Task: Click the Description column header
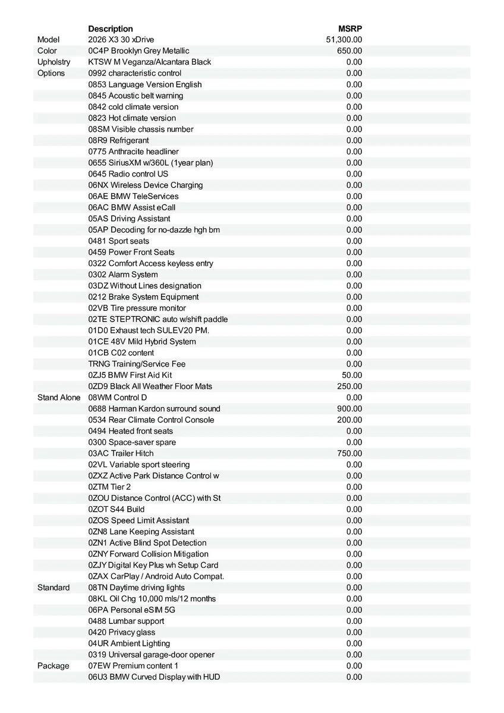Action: tap(111, 29)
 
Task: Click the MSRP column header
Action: tap(350, 29)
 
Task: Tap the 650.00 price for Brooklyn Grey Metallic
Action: tap(349, 51)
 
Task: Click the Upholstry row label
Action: tap(53, 62)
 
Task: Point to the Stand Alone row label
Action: tap(59, 397)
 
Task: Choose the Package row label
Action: tap(53, 666)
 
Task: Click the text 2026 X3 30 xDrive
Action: tap(121, 40)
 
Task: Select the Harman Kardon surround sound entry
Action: tap(154, 409)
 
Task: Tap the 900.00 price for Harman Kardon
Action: tap(349, 409)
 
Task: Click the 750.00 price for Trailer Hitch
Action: tap(349, 453)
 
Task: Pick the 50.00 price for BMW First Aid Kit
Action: tap(351, 375)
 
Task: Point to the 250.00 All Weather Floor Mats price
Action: tap(349, 386)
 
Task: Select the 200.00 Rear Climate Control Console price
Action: tap(349, 419)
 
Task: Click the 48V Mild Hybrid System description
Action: tap(142, 342)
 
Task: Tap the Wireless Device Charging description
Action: tap(146, 185)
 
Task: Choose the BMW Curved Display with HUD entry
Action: tap(154, 677)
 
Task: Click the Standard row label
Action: tap(53, 588)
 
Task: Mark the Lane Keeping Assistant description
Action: tap(141, 532)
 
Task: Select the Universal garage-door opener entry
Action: tap(151, 655)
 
